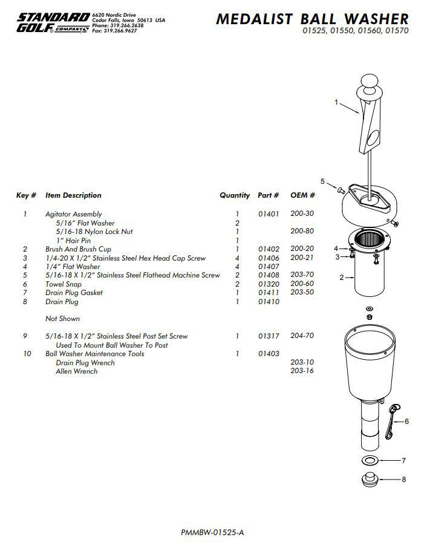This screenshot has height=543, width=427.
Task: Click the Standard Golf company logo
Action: point(52,22)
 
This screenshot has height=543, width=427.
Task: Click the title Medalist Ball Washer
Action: point(312,19)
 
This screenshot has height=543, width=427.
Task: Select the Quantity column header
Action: point(235,195)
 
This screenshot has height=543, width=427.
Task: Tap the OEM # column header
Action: point(302,195)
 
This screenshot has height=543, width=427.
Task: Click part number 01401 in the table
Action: point(268,214)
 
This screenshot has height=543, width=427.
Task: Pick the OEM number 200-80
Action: point(302,232)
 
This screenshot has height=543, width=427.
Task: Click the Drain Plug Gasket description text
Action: point(74,293)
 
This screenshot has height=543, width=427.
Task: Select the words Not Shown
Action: point(62,319)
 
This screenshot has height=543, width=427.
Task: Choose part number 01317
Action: point(268,336)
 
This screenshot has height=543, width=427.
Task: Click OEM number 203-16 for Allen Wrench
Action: point(302,371)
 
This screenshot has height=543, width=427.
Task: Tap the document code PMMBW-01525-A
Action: point(212,533)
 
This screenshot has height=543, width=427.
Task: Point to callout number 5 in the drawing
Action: point(322,181)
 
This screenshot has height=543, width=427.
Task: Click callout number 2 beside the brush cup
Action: point(341,278)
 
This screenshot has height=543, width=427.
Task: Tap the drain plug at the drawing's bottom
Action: point(369,480)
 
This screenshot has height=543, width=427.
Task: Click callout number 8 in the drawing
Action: point(404,480)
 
